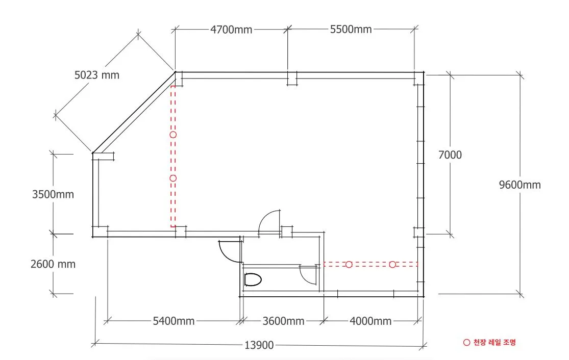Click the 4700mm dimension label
pos(231,30)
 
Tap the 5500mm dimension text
pos(351,29)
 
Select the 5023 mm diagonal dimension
pos(97,75)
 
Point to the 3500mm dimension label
pos(53,194)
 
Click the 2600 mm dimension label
pos(53,264)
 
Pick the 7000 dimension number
pos(450,155)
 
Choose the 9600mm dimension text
pos(519,185)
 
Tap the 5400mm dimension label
pos(174,321)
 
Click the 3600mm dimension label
pos(283,321)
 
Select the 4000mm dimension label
pos(370,321)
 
